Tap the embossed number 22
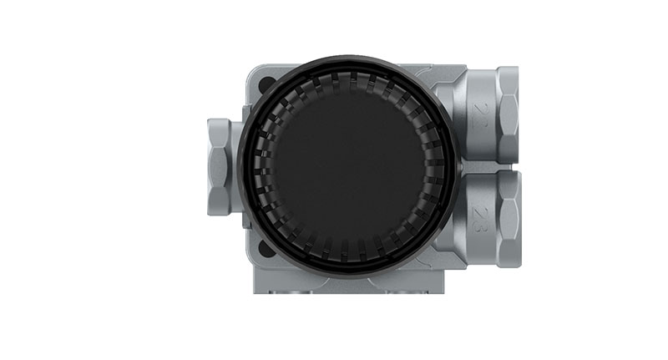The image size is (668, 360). pos(478,114)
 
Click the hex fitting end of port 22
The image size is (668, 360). pos(507,114)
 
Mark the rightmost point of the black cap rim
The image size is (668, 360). pos(461,164)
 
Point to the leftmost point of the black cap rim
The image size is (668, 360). pos(238,164)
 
